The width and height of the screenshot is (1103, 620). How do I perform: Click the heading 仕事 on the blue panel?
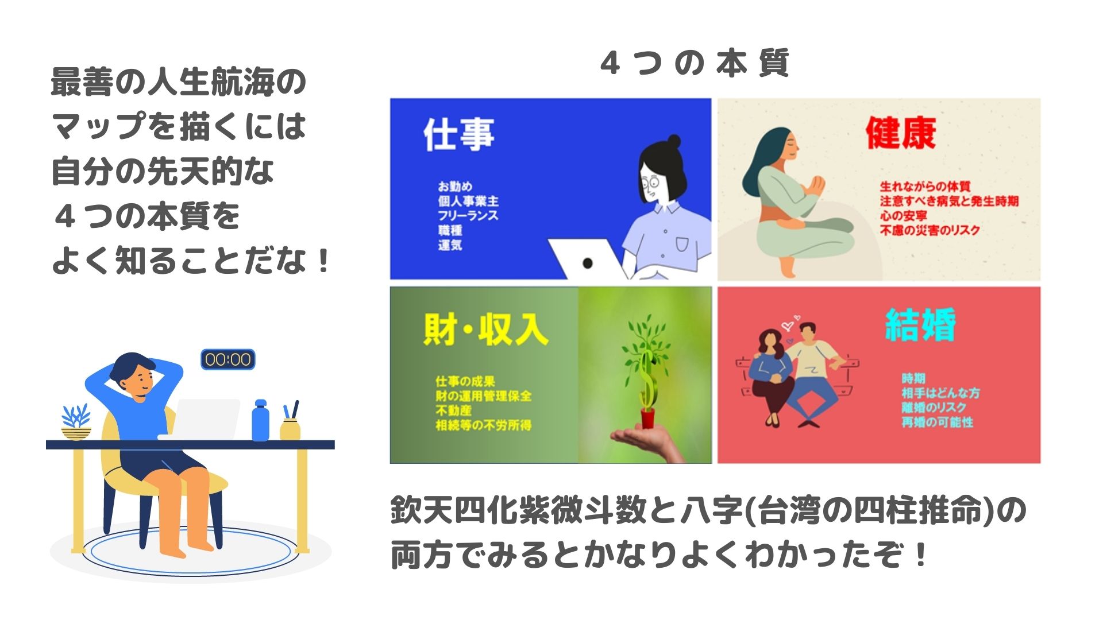pyautogui.click(x=459, y=135)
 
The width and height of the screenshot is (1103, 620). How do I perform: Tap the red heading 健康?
pyautogui.click(x=901, y=133)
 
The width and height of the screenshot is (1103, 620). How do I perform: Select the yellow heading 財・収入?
pyautogui.click(x=486, y=329)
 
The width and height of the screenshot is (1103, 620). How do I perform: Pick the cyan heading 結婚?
pyautogui.click(x=920, y=324)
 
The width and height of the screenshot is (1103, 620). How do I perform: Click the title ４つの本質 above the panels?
pyautogui.click(x=695, y=63)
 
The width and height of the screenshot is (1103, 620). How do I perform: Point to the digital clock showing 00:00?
pyautogui.click(x=228, y=359)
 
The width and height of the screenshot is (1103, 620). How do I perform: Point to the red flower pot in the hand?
pyautogui.click(x=648, y=417)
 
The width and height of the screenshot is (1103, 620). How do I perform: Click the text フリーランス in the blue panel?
pyautogui.click(x=468, y=216)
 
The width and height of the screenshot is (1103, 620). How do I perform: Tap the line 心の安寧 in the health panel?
pyautogui.click(x=903, y=216)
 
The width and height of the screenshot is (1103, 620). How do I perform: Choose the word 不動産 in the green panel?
pyautogui.click(x=453, y=410)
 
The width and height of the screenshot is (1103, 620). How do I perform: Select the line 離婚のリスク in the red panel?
pyautogui.click(x=934, y=408)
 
